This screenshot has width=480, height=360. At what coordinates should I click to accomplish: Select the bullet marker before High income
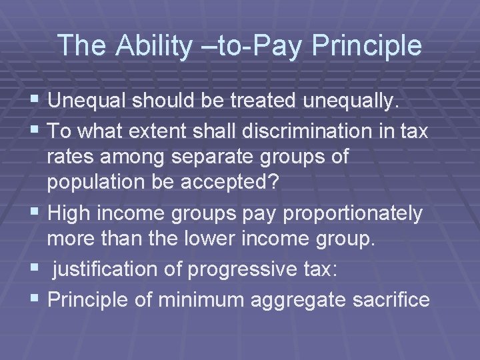[35, 213]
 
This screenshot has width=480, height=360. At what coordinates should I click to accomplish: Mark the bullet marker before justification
[35, 269]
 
